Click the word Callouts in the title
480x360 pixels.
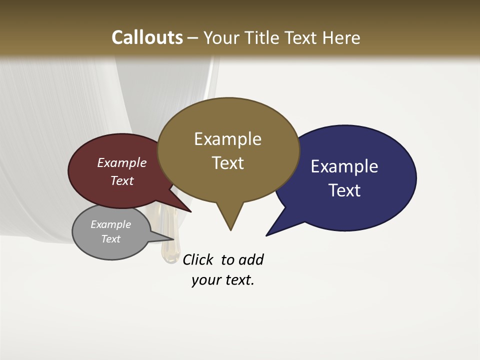[x=147, y=37]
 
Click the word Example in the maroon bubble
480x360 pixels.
[x=121, y=162]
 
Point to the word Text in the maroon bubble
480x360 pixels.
[x=121, y=180]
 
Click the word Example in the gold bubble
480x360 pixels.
[x=227, y=139]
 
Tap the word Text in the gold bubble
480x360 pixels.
[x=227, y=163]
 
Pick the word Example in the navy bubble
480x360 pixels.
[x=344, y=166]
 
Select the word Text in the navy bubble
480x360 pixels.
[x=344, y=190]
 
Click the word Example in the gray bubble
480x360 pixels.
[x=110, y=224]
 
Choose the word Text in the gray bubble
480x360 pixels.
[x=110, y=239]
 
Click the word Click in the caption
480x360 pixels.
[x=198, y=259]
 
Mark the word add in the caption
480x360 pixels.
[x=251, y=259]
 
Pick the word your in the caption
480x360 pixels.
[x=204, y=280]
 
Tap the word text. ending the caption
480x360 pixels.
[x=238, y=280]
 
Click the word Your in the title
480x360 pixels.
[x=222, y=37]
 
